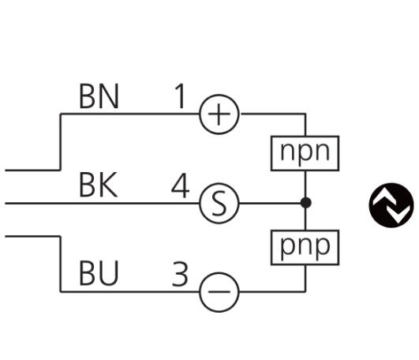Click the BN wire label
click(x=99, y=96)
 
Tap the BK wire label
click(x=99, y=185)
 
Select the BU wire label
click(x=99, y=273)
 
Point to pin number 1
click(x=180, y=96)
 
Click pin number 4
click(x=181, y=186)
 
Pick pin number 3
click(x=180, y=274)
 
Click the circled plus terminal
click(x=219, y=114)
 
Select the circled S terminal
click(x=219, y=203)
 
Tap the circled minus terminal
click(x=219, y=292)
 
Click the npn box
click(x=305, y=153)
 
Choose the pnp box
click(x=305, y=247)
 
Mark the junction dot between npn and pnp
click(x=305, y=203)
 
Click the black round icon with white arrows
click(x=391, y=205)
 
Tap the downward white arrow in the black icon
click(x=400, y=213)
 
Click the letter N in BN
click(x=108, y=96)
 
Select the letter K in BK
click(x=108, y=185)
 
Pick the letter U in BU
click(x=108, y=273)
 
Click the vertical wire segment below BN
click(x=61, y=142)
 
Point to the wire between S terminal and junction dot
click(x=270, y=203)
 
